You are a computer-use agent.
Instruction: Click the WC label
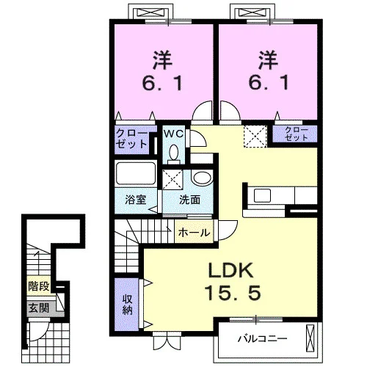pos(173,134)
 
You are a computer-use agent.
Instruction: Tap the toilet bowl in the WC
pos(174,153)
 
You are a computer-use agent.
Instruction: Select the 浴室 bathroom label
pos(135,200)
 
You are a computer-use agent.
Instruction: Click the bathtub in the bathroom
pos(136,173)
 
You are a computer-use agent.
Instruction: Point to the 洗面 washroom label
pos(189,200)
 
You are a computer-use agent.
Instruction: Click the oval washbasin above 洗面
pos(202,178)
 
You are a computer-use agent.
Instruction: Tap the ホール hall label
pos(194,233)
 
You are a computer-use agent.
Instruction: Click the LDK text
pos(230,270)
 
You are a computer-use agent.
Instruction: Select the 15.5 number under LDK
pos(233,293)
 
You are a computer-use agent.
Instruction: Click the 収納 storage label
pos(127,305)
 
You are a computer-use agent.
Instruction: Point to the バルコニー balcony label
pos(262,339)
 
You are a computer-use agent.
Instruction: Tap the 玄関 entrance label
pos(39,308)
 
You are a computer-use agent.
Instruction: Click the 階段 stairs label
pos(39,286)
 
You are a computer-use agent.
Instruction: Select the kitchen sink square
pos(262,195)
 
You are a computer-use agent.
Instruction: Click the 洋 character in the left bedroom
pos(162,60)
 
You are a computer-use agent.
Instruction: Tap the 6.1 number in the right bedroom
pos(269,82)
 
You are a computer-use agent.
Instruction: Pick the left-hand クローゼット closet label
pos(131,139)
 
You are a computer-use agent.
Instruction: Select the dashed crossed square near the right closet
pos(255,137)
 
